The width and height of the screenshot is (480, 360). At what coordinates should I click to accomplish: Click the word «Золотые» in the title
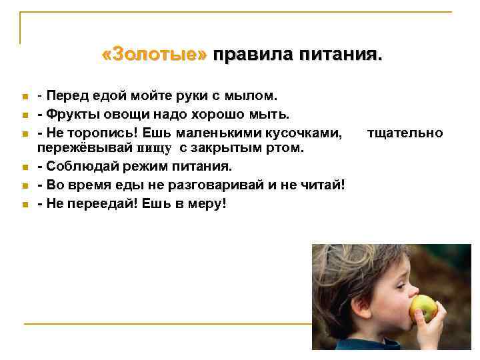point(155,54)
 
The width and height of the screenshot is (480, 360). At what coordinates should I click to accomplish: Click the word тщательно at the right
point(405,133)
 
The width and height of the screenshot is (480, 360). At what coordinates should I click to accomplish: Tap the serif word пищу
point(154,147)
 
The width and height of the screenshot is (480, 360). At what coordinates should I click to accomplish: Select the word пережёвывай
point(85,147)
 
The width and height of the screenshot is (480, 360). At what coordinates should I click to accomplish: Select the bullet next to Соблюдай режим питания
point(23,165)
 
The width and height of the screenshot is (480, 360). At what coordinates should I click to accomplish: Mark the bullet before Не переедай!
point(23,204)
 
